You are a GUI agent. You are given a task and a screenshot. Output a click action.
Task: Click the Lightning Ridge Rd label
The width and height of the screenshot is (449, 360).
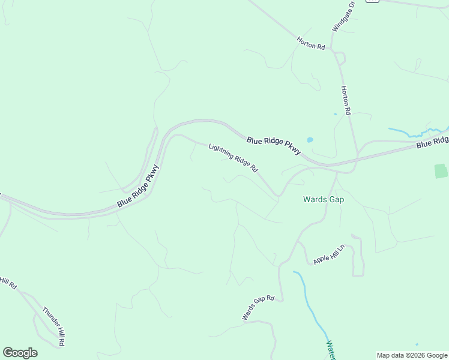[233, 158]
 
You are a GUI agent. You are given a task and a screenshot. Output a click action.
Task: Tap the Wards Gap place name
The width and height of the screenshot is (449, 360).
[324, 199]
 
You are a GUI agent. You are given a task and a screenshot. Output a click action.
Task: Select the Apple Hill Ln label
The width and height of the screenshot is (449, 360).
[330, 254]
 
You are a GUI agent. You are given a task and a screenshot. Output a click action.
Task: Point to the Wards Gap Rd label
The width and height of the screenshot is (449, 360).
[258, 308]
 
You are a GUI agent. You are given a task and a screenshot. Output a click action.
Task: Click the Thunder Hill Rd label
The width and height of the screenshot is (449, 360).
[53, 326]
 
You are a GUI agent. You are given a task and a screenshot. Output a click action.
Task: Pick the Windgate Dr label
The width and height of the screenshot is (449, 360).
[343, 16]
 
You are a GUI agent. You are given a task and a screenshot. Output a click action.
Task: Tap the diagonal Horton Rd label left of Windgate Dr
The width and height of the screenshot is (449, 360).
[310, 43]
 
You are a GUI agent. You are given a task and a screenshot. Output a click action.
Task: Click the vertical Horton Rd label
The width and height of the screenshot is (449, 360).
[346, 100]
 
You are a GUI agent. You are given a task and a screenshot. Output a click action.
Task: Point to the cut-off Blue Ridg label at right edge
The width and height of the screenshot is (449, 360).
[432, 143]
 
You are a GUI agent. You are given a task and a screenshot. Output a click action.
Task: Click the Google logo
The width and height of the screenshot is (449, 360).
[20, 353]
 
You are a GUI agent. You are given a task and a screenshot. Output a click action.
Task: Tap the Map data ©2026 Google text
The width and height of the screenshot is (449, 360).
[412, 355]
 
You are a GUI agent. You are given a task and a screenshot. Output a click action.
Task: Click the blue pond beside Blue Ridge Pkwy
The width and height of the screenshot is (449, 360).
[310, 140]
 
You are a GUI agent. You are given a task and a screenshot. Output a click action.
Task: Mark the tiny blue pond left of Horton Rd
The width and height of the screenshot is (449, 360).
[335, 113]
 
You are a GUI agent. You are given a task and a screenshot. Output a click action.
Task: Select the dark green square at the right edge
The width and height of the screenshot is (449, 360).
[441, 170]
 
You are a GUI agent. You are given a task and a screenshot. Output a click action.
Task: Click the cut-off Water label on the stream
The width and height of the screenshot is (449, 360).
[331, 349]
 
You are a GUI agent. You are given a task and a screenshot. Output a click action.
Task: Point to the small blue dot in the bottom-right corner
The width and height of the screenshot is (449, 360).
[417, 344]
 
